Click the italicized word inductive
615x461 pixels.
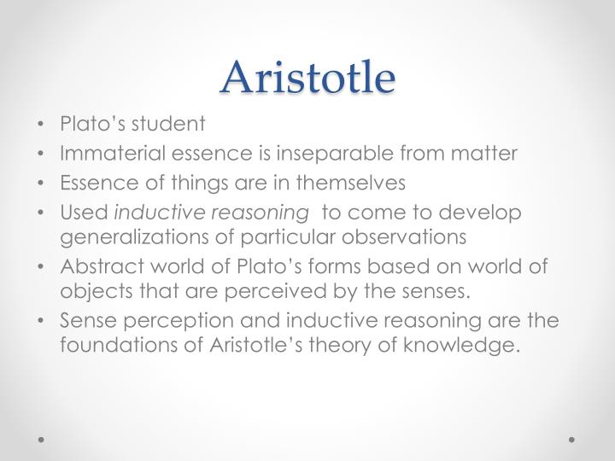pyautogui.click(x=155, y=212)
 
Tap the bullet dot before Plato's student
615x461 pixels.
pyautogui.click(x=43, y=125)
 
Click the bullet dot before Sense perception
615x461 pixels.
pyautogui.click(x=43, y=321)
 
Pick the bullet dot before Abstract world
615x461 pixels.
pyautogui.click(x=43, y=266)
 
